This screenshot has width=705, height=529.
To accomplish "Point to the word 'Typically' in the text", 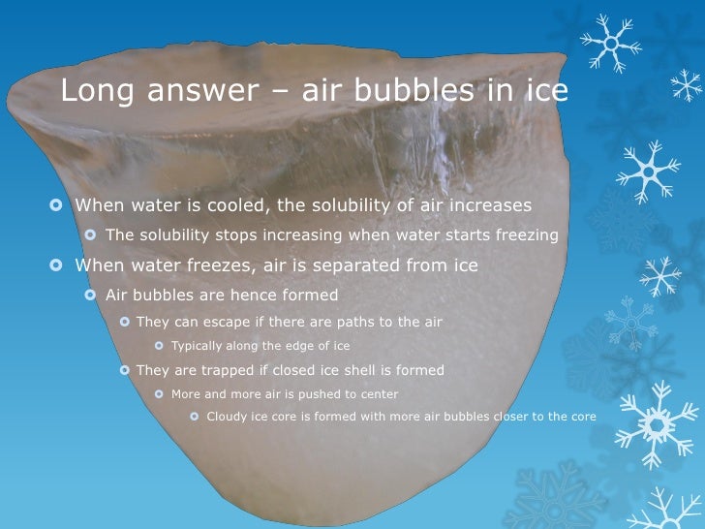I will pyautogui.click(x=197, y=346).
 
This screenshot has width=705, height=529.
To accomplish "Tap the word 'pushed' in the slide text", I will pyautogui.click(x=314, y=394).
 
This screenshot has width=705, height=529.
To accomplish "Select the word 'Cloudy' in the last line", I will pyautogui.click(x=229, y=418).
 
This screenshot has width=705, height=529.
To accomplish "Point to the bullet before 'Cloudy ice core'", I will pyautogui.click(x=194, y=418).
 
